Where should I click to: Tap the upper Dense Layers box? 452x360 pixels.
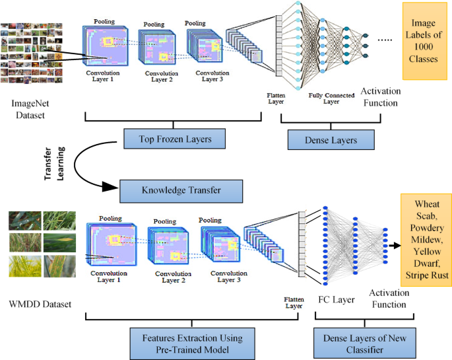click(331, 140)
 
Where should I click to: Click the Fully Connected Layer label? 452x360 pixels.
click(331, 99)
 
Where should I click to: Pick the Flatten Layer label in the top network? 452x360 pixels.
click(278, 99)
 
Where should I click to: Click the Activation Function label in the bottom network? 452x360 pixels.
click(387, 299)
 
